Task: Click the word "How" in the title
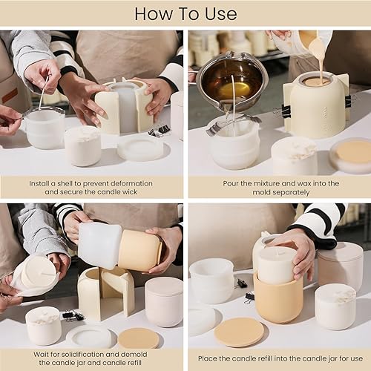click(154, 14)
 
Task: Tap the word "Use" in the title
click(221, 14)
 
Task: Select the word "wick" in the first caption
click(129, 192)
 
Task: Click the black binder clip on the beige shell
click(349, 102)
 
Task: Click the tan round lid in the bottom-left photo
click(138, 338)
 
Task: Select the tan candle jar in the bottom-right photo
click(278, 298)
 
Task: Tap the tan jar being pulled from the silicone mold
click(140, 250)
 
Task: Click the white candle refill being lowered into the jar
click(276, 265)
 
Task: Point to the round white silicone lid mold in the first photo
click(141, 149)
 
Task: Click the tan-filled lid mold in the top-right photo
click(352, 155)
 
